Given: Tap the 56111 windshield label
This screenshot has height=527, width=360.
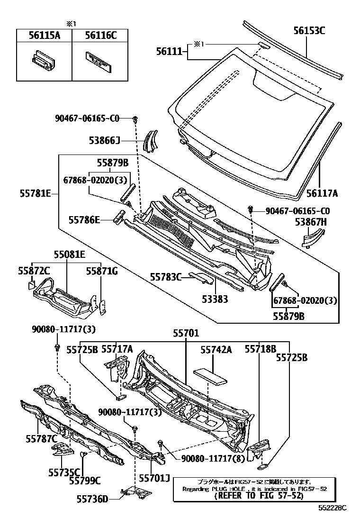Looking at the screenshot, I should (169, 51).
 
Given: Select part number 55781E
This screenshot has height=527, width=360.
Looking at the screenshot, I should (36, 193).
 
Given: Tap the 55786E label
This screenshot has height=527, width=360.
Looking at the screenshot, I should (84, 219).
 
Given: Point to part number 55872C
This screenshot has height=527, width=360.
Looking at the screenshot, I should (34, 270).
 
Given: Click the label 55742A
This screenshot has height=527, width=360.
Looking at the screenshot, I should (216, 349).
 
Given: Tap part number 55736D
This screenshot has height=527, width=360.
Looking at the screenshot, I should (93, 498).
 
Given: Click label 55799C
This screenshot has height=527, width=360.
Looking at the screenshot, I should (85, 481).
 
